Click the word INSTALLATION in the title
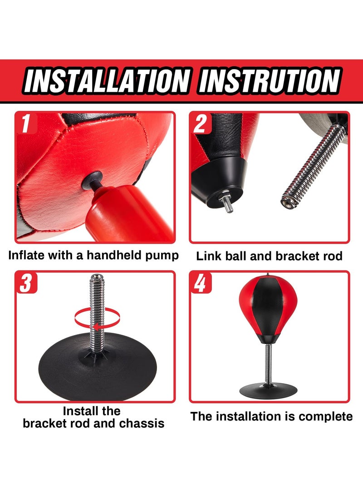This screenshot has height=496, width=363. click(x=105, y=81)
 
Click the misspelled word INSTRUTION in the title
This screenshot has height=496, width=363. click(x=270, y=81)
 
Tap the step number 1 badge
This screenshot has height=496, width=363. click(x=26, y=124)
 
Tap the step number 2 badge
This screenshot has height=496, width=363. click(x=200, y=124)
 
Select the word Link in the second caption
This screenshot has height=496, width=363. click(x=208, y=256)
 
